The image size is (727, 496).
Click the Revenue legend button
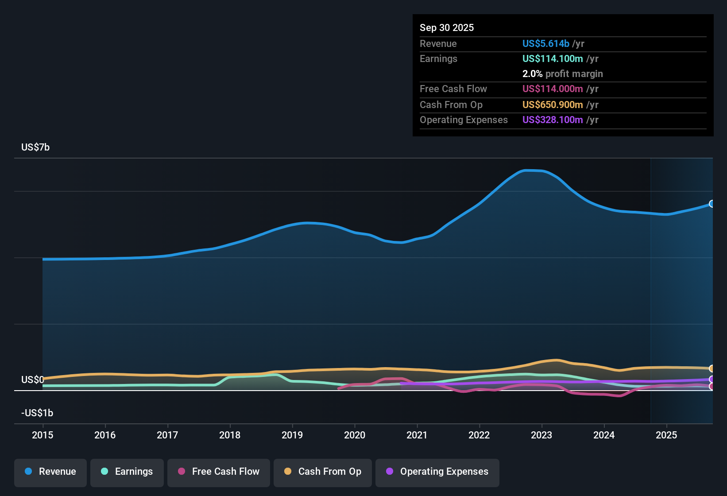(50, 472)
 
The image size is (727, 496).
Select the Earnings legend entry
(127, 472)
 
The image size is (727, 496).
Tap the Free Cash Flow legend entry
(219, 472)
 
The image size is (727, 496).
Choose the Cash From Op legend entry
(323, 472)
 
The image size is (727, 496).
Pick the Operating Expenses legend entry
(437, 472)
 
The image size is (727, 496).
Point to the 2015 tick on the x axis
(43, 435)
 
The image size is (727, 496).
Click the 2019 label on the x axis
(292, 435)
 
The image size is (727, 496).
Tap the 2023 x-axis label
(541, 435)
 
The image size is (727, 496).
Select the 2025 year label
(666, 435)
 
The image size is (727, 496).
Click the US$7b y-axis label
(35, 147)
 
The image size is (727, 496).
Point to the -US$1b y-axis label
(37, 413)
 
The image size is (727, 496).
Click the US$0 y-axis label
(32, 380)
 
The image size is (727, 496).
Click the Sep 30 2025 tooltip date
(447, 27)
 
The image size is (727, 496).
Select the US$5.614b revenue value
(545, 43)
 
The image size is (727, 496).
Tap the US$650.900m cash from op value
(552, 105)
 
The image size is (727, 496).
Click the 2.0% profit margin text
(562, 74)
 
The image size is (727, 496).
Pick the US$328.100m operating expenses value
(552, 120)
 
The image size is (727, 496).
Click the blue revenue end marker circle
(712, 204)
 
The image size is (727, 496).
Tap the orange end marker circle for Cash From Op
(712, 368)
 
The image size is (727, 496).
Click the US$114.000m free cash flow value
(552, 89)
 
